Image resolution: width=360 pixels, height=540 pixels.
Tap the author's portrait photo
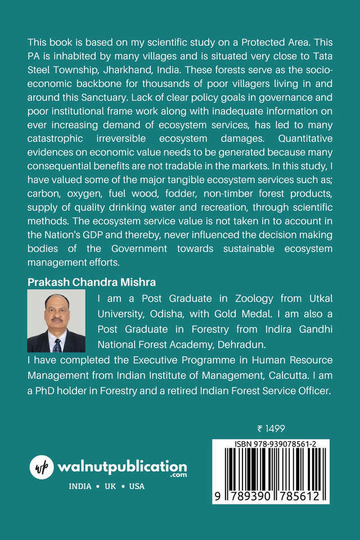pos(56,321)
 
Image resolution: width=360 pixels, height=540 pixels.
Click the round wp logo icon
pos(41,467)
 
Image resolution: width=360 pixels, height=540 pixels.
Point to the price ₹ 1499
pos(271,429)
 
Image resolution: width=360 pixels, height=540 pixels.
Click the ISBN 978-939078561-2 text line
pos(271,444)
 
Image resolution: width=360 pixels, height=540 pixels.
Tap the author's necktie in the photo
pos(57,343)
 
